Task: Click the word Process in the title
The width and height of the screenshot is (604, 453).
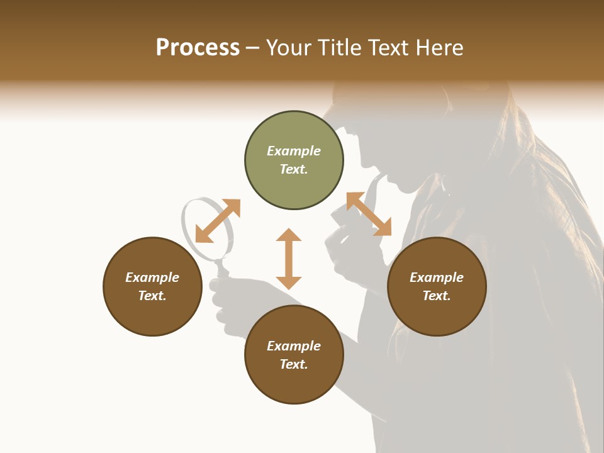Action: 198,48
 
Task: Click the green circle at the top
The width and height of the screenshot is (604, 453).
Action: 294,160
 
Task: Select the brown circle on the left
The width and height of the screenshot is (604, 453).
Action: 152,286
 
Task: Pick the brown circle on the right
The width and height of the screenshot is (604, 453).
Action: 437,286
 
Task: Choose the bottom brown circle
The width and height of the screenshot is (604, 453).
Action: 294,355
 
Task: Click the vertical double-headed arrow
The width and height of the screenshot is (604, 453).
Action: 289,259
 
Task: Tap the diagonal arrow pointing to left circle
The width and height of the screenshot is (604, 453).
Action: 218,221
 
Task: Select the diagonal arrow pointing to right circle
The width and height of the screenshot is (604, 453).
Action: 369,215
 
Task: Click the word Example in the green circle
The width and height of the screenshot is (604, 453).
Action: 294,151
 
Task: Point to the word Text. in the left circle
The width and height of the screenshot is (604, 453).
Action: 152,296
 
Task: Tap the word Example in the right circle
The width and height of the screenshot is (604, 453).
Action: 437,277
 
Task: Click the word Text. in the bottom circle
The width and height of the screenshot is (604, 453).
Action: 294,364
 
